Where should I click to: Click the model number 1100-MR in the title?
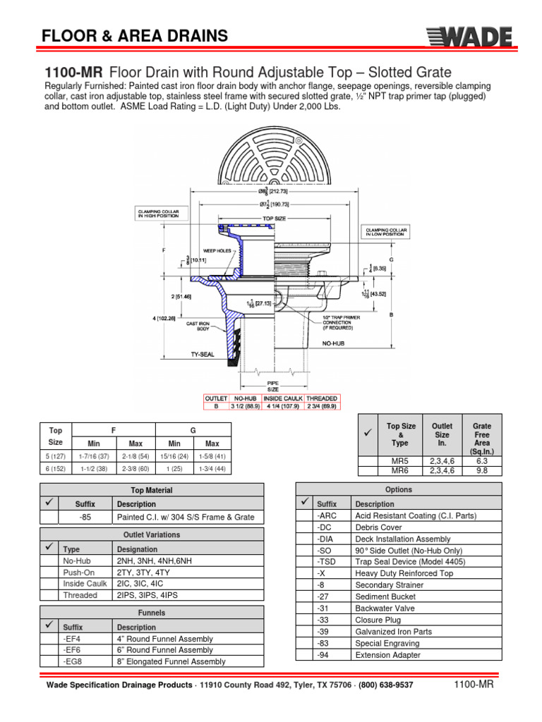pyautogui.click(x=74, y=73)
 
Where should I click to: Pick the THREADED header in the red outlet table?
pyautogui.click(x=322, y=398)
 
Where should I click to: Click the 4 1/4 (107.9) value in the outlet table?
pyautogui.click(x=282, y=405)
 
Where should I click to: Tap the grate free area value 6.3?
pyautogui.click(x=482, y=460)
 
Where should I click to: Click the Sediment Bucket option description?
pyautogui.click(x=385, y=596)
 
